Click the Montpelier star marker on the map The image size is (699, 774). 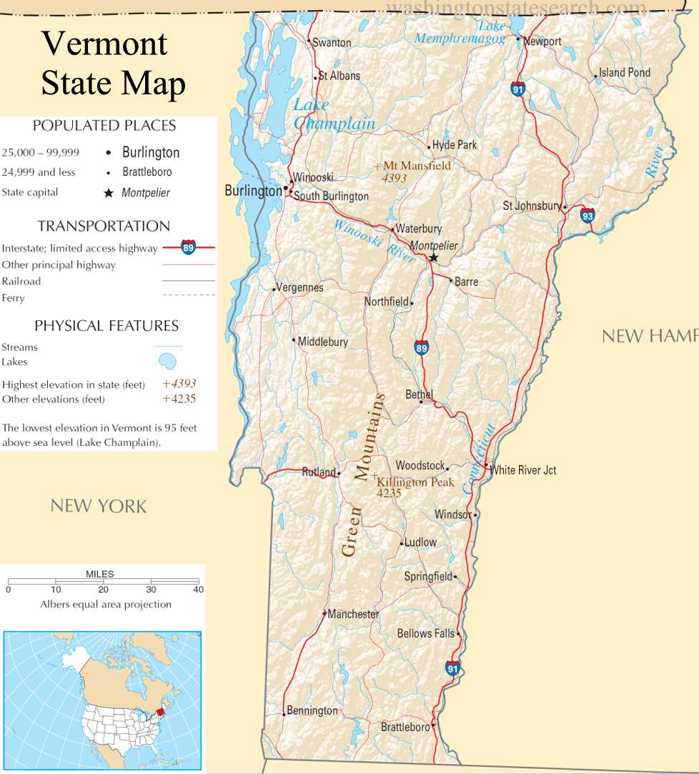(433, 258)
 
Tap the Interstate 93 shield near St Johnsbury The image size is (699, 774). (587, 214)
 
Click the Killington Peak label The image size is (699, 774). (415, 482)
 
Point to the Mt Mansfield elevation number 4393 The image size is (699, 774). (395, 177)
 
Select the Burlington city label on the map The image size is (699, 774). (253, 191)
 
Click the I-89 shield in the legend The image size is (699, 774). (189, 247)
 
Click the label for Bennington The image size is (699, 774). (312, 710)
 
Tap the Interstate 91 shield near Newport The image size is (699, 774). (518, 89)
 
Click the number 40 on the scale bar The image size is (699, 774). (198, 590)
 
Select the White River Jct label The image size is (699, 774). (523, 470)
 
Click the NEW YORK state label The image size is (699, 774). (99, 506)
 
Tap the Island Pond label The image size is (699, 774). (625, 72)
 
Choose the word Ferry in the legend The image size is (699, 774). (13, 298)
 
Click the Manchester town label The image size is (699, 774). (353, 614)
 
